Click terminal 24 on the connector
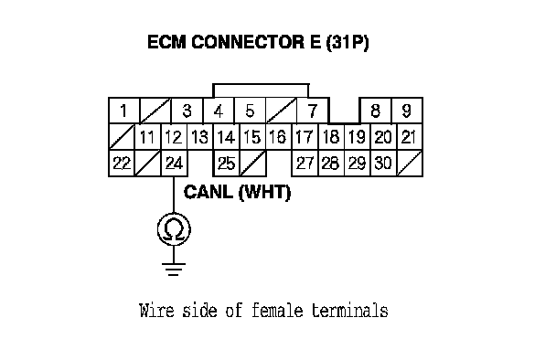174,163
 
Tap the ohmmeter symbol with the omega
174,229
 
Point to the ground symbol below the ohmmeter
174,270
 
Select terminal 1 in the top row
123,111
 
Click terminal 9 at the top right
407,111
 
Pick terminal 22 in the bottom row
122,163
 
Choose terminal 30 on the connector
383,163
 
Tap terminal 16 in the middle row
279,137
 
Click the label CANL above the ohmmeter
208,192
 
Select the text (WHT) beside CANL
264,193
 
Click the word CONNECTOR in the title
248,42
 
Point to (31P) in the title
347,43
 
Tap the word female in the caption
277,311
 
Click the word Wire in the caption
156,311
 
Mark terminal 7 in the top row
313,111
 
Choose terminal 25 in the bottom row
227,163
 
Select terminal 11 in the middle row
148,137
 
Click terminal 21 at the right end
410,137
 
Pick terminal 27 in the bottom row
305,163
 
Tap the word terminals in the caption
350,311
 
